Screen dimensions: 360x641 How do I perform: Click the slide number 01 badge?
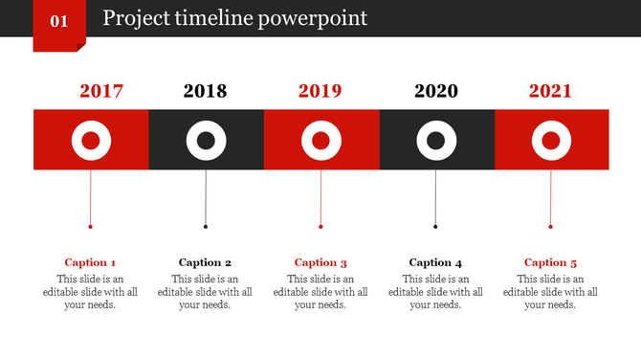tap(59, 22)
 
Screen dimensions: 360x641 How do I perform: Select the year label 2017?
tap(101, 92)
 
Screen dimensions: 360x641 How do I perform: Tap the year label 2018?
tap(205, 92)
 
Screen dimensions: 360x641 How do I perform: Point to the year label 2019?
tap(320, 92)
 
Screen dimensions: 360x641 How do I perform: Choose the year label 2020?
tap(436, 92)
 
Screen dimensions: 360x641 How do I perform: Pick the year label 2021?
tap(550, 92)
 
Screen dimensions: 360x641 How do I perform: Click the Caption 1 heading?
tap(91, 262)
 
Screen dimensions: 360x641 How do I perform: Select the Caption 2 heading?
tap(206, 262)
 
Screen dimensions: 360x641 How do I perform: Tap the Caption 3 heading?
tap(320, 262)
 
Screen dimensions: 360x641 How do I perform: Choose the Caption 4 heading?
tap(435, 262)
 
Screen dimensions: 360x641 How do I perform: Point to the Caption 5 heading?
tap(550, 262)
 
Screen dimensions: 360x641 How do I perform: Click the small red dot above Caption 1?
tap(91, 227)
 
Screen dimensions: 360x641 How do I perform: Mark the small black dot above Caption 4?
tap(435, 227)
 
